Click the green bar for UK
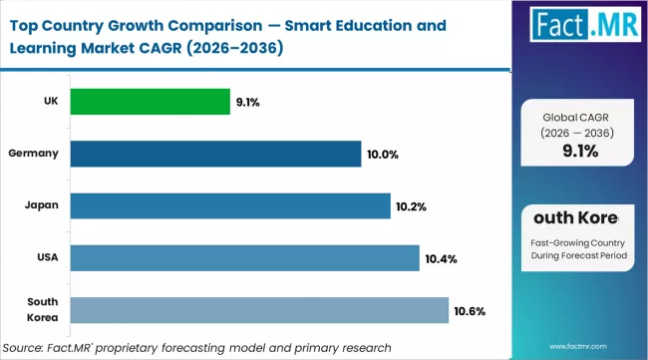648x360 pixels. click(x=150, y=102)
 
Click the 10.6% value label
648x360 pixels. click(x=470, y=311)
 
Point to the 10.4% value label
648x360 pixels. click(x=441, y=259)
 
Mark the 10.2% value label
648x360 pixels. click(x=411, y=206)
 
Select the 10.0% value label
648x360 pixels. click(x=381, y=155)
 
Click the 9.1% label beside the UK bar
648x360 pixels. click(x=249, y=102)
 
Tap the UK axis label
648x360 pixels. click(x=49, y=102)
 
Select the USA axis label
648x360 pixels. click(x=46, y=258)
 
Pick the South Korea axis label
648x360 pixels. click(x=42, y=310)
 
